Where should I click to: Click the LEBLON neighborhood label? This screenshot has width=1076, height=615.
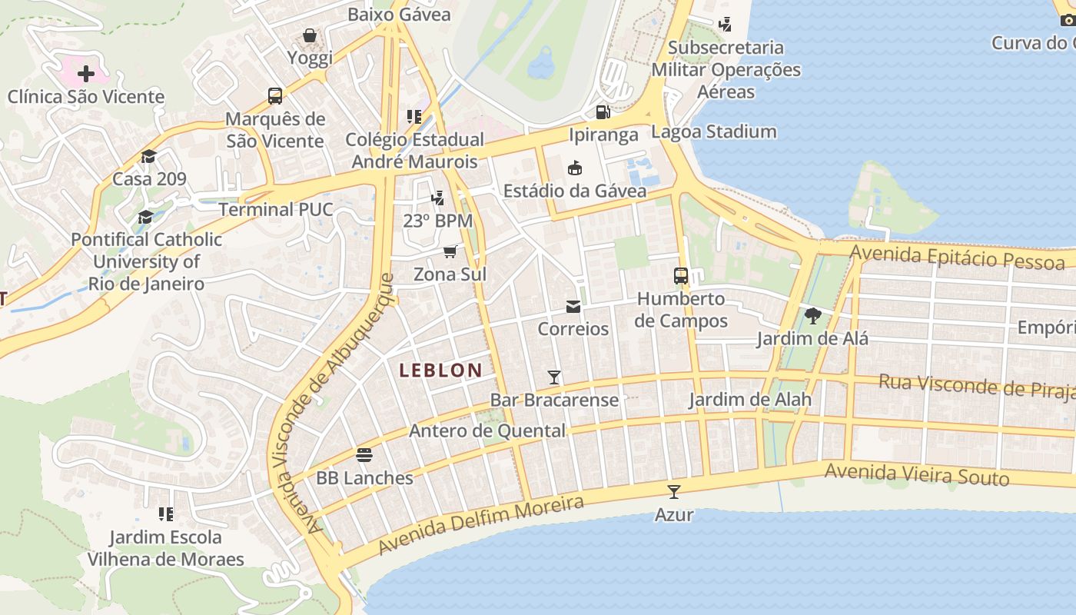440,371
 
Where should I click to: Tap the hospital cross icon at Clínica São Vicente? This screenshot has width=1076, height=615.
86,74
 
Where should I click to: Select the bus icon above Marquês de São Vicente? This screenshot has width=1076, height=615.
275,96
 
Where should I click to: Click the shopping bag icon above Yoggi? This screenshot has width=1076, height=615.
310,35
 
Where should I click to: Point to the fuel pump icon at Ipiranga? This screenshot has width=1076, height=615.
603,112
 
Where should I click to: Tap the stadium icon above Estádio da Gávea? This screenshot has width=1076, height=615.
574,168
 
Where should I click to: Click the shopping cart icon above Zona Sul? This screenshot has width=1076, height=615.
450,252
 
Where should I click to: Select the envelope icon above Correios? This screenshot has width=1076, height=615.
573,307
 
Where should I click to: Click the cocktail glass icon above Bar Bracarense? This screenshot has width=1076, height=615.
554,377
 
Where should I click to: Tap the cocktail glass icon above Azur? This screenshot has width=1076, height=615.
674,492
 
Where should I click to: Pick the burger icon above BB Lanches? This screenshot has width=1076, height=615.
364,455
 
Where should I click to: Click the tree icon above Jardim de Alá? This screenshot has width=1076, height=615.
812,315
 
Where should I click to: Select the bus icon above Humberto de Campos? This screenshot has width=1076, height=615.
681,276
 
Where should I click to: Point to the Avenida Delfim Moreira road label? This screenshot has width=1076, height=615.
481,525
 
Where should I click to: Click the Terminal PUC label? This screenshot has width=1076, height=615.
276,210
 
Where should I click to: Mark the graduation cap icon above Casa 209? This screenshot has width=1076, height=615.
148,156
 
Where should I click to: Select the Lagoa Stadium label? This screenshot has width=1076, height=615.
713,131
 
